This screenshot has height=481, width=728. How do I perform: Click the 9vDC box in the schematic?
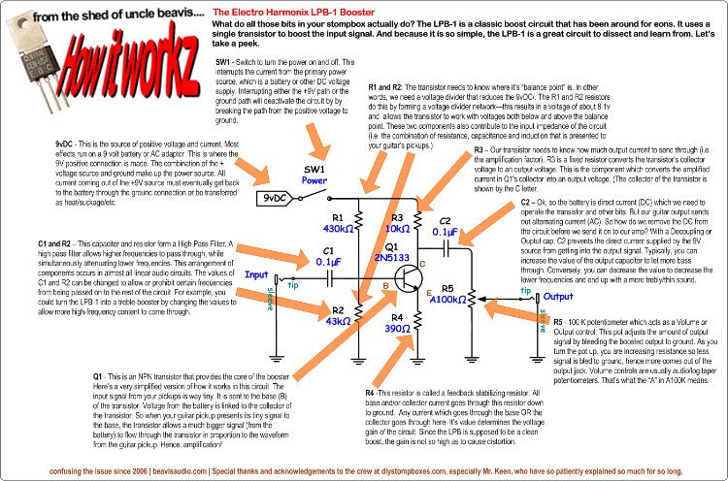273,199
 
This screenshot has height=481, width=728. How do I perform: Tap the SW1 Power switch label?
314,175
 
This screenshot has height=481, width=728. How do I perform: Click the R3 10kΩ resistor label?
399,222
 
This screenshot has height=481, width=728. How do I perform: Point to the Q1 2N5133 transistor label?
390,254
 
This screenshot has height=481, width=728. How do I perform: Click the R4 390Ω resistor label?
400,323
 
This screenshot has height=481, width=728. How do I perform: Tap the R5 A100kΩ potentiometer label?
449,294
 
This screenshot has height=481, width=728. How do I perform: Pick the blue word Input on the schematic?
255,274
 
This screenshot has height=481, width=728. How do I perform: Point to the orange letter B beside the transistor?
385,285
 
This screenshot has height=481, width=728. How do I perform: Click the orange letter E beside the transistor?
428,291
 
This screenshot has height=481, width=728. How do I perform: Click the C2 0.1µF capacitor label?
446,226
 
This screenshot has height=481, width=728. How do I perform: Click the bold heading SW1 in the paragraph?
223,61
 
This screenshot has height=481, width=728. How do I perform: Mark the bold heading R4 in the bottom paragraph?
371,392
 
